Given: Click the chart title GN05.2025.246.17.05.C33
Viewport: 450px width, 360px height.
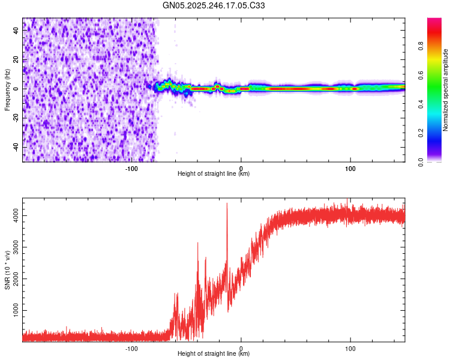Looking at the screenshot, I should point(214,5).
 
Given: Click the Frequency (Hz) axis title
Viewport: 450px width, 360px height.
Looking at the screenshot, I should point(7,89).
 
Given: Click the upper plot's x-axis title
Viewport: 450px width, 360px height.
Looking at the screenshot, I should point(214,174).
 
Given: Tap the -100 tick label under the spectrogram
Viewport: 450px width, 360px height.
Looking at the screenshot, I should point(131,167).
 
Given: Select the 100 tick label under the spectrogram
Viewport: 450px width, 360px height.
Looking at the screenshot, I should point(350,167).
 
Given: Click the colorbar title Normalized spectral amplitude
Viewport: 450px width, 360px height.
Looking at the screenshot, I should point(446,90).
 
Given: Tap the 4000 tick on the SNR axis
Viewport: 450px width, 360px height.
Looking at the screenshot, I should point(13,215).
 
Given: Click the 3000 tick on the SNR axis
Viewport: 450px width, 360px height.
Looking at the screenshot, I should point(13,247).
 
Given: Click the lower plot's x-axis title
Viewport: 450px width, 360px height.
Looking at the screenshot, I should point(214,354).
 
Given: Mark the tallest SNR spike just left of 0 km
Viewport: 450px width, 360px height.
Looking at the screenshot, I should point(227,204).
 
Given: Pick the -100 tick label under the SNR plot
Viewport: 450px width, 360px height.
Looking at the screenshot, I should point(131,348).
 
